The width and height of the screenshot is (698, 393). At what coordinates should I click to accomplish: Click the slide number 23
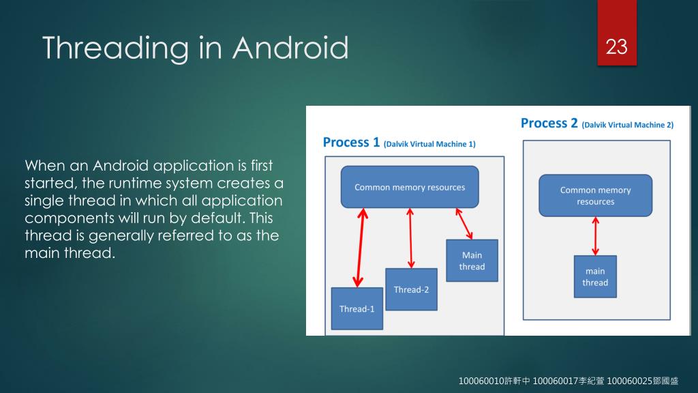coord(616,47)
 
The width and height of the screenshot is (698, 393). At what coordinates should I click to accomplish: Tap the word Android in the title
coord(290,48)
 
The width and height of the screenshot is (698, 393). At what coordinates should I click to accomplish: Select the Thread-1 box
coord(357,308)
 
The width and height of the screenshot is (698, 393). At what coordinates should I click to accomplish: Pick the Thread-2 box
coord(411,289)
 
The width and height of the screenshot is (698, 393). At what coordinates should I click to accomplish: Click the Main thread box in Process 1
coord(472,261)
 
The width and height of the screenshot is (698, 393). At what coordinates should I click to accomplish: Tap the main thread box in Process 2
coord(595,276)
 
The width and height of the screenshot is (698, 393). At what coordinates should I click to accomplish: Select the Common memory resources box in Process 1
coord(410,187)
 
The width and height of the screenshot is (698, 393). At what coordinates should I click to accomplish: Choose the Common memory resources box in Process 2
coord(595,196)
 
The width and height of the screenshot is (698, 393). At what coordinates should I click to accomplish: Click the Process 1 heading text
coord(351,143)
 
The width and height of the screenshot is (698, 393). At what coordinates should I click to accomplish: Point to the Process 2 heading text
coord(549,123)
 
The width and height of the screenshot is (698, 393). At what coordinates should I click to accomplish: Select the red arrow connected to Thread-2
coord(410,238)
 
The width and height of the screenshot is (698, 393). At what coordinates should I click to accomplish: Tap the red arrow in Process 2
coord(596,236)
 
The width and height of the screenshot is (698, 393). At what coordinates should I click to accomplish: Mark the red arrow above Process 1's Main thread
coord(465,223)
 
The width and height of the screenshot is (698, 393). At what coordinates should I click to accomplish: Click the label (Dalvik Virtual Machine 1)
coord(429,144)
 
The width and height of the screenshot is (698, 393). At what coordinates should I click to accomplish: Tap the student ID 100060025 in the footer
coord(628,380)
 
